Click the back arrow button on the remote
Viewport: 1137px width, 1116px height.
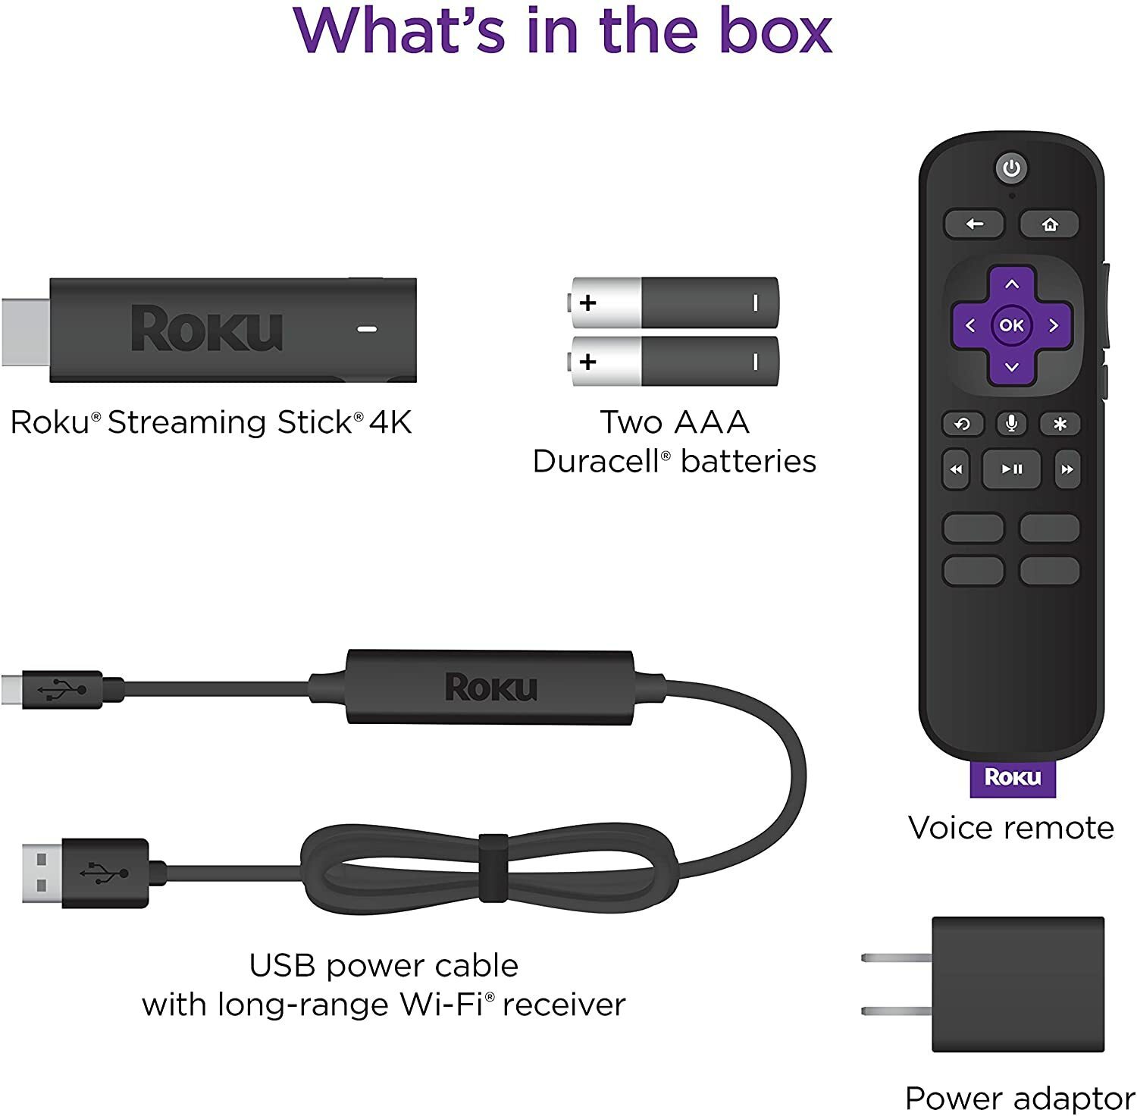(x=974, y=224)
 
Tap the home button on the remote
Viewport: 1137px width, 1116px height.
(x=1049, y=224)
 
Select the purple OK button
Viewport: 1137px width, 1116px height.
(x=1012, y=325)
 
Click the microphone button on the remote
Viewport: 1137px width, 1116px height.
(x=1011, y=423)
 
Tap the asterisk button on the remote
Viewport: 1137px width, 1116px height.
(x=1060, y=423)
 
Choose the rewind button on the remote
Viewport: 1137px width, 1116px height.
(x=956, y=469)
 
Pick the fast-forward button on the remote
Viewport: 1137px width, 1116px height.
(x=1067, y=469)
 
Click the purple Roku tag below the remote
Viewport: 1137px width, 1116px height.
(x=1013, y=777)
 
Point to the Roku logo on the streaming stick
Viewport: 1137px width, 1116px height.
(x=207, y=328)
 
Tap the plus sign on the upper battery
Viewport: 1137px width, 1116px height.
(x=587, y=303)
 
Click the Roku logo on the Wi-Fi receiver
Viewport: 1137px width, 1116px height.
(x=491, y=687)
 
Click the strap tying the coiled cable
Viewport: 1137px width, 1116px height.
(x=493, y=867)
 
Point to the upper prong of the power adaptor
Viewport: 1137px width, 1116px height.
(x=896, y=958)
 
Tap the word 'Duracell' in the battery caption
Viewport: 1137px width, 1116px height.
(x=596, y=461)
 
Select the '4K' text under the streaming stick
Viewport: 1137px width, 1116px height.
(x=390, y=422)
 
